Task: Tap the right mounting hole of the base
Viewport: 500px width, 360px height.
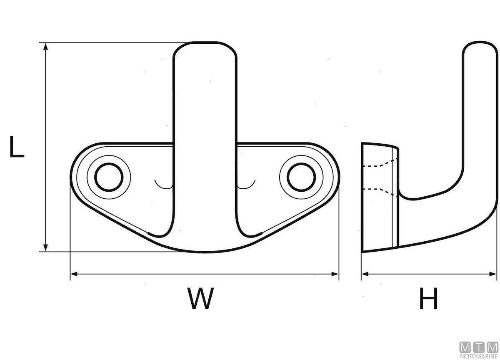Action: pos(300,177)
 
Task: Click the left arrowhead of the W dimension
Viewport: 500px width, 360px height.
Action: pos(74,274)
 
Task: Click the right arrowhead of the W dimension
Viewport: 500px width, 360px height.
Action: pos(335,274)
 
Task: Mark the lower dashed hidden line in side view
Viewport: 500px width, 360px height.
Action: pos(379,190)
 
